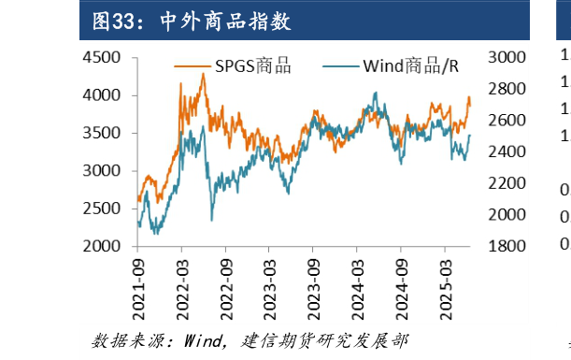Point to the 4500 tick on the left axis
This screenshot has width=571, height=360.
point(102,58)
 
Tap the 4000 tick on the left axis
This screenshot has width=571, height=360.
point(102,95)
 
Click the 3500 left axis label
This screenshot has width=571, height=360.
point(102,134)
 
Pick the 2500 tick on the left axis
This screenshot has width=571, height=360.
point(102,209)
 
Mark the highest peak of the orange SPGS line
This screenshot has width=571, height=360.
point(203,74)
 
